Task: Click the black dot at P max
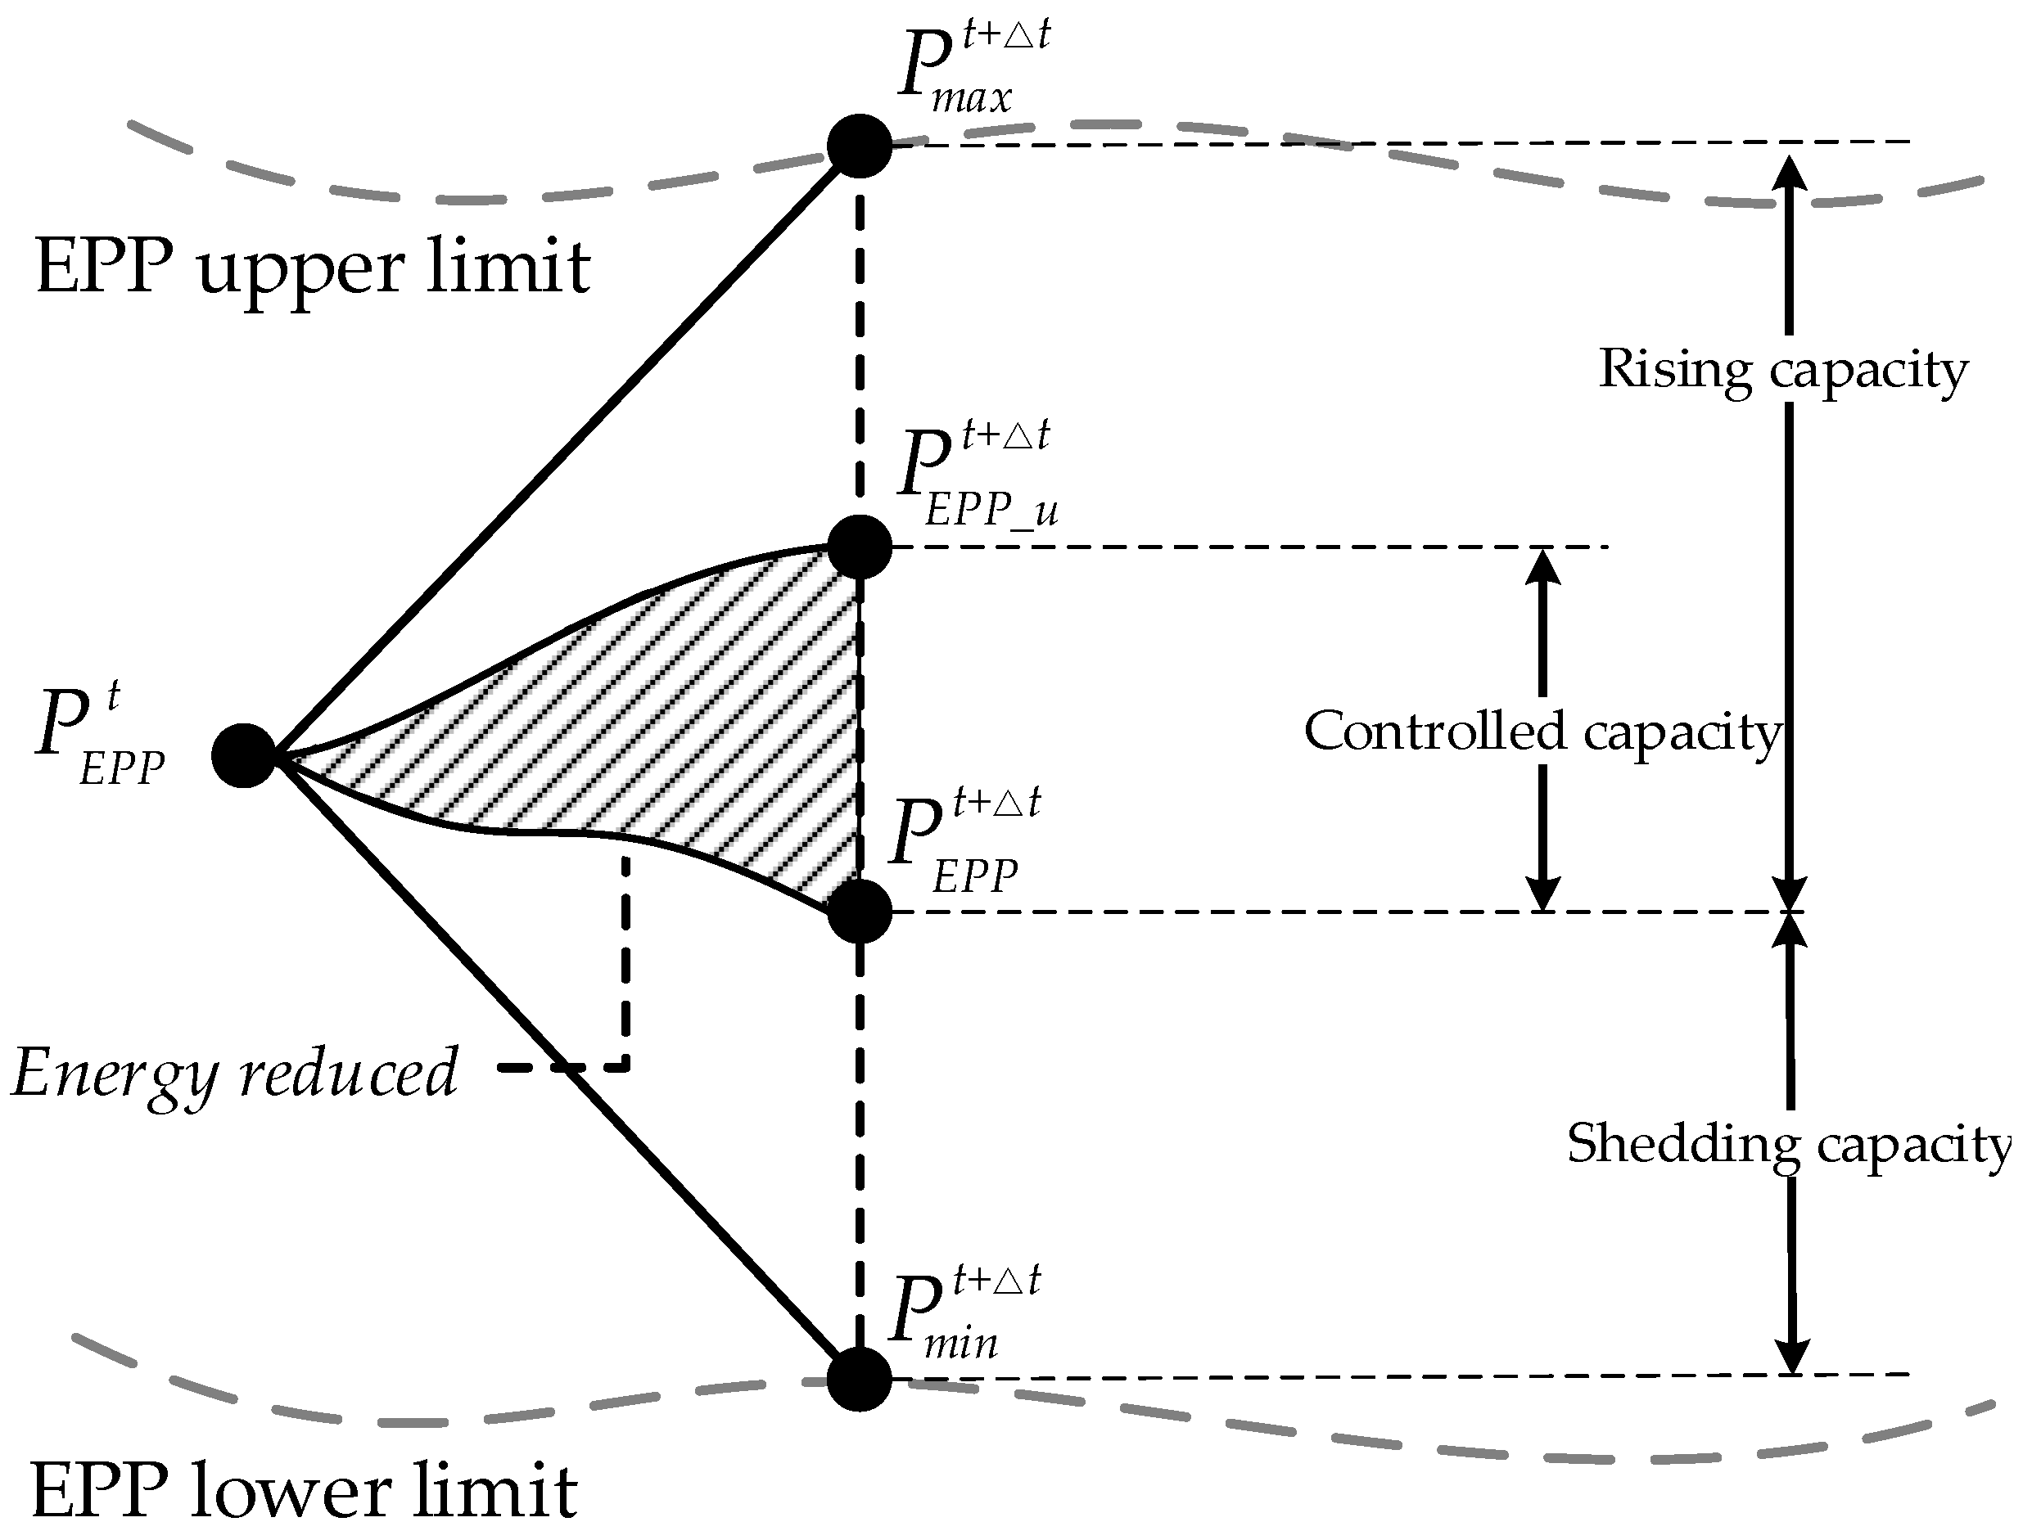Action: [x=859, y=146]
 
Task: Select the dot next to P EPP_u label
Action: [x=859, y=547]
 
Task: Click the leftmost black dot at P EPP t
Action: [x=243, y=754]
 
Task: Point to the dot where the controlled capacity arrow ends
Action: [x=859, y=912]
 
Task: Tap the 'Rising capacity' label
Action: [x=1783, y=370]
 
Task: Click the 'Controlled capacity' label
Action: [x=1542, y=732]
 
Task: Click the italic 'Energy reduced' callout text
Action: [x=234, y=1073]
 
